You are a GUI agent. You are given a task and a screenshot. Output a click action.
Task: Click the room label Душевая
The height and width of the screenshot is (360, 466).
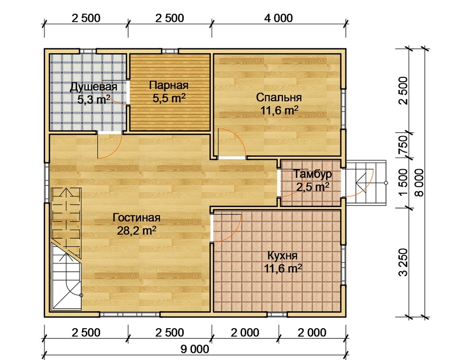click(93, 87)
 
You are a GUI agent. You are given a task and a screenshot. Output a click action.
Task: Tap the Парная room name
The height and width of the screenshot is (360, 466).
click(169, 86)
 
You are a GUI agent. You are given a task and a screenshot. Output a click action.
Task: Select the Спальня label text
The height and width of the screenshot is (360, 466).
click(279, 98)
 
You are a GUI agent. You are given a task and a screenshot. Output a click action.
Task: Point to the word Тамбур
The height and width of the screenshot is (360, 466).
click(312, 175)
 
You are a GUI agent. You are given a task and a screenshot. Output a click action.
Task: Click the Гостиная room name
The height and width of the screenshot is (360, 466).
click(137, 218)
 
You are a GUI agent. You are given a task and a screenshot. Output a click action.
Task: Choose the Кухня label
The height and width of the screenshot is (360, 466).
click(282, 256)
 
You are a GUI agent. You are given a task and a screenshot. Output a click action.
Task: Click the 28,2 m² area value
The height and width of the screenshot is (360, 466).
click(137, 230)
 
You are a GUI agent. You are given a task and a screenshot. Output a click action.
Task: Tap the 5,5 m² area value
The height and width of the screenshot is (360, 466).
click(169, 98)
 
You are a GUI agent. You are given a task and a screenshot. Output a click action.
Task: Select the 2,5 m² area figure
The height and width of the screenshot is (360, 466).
click(312, 187)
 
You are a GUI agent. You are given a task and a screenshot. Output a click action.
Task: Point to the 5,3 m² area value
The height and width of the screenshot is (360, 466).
click(94, 100)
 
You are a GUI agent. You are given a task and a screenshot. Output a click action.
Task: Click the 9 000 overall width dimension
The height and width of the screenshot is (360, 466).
click(195, 348)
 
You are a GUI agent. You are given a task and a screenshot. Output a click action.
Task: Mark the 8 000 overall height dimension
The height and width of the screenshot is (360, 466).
click(419, 183)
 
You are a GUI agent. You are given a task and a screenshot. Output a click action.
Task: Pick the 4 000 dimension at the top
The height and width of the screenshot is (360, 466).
click(279, 18)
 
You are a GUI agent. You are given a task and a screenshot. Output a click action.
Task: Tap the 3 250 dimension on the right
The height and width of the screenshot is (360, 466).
click(404, 262)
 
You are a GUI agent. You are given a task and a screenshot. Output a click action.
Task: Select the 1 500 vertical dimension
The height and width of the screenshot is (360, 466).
click(404, 183)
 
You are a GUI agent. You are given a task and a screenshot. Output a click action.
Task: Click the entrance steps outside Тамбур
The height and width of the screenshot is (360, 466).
click(366, 183)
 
